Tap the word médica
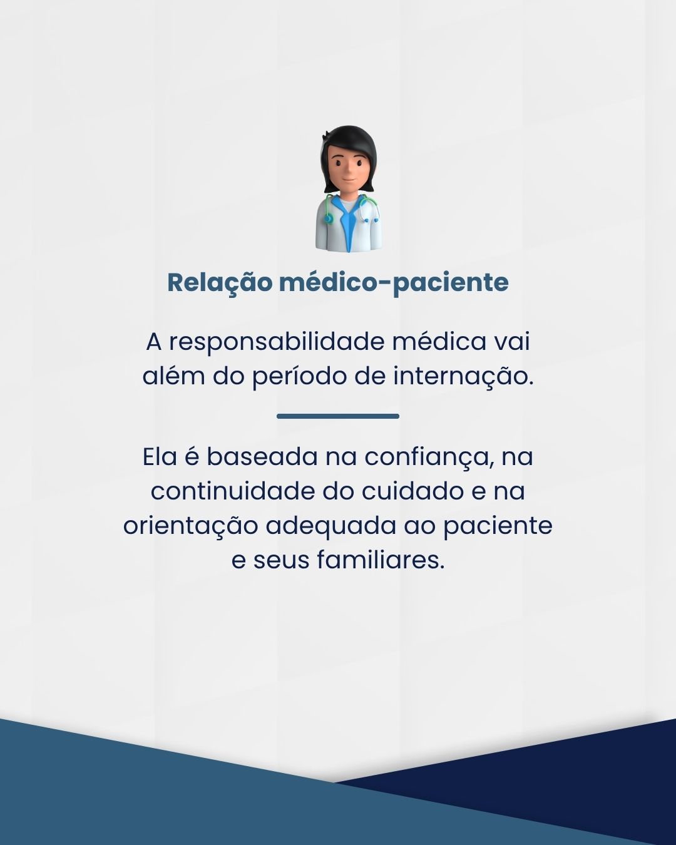(x=436, y=342)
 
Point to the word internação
(x=464, y=376)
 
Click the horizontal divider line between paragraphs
(x=338, y=416)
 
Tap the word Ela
(x=160, y=457)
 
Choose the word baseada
(x=262, y=457)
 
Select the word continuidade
(x=233, y=491)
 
